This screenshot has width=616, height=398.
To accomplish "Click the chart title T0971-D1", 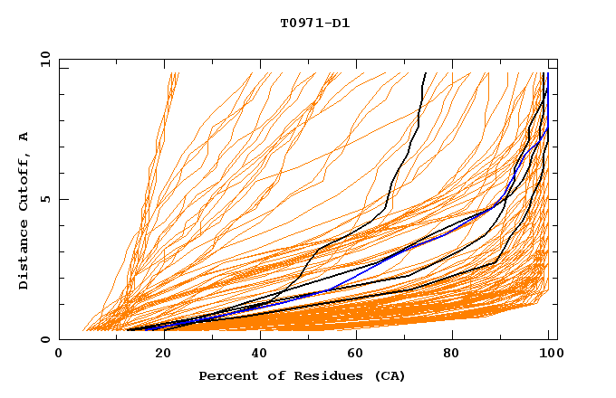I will (314, 24).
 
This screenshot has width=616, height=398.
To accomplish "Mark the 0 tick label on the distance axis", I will (45, 339).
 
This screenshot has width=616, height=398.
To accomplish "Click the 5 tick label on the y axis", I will (45, 199).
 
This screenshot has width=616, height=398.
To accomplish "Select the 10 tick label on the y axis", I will (43, 60).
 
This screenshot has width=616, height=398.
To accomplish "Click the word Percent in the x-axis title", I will (226, 375).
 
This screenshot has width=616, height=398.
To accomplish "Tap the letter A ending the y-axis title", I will (24, 137).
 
